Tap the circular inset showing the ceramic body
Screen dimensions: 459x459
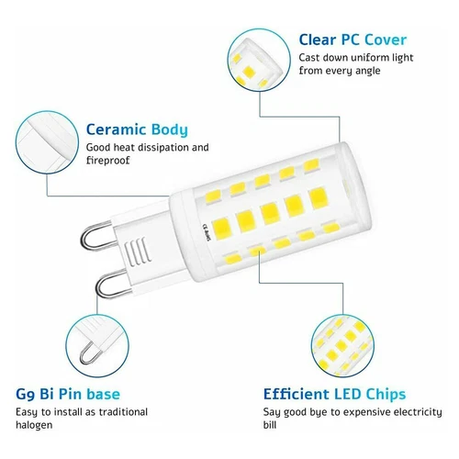(x=41, y=135)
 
